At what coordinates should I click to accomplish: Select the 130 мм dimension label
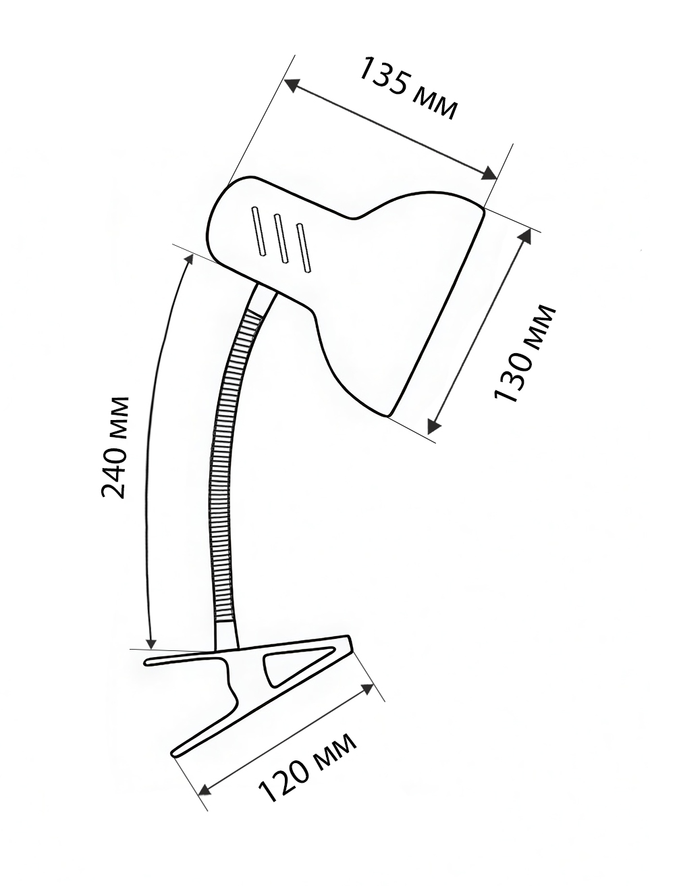524,354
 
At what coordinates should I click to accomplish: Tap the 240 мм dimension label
115,448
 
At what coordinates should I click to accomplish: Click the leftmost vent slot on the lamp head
259,231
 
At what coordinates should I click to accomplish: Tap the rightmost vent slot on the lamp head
303,247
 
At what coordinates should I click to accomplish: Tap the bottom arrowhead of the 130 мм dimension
434,426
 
